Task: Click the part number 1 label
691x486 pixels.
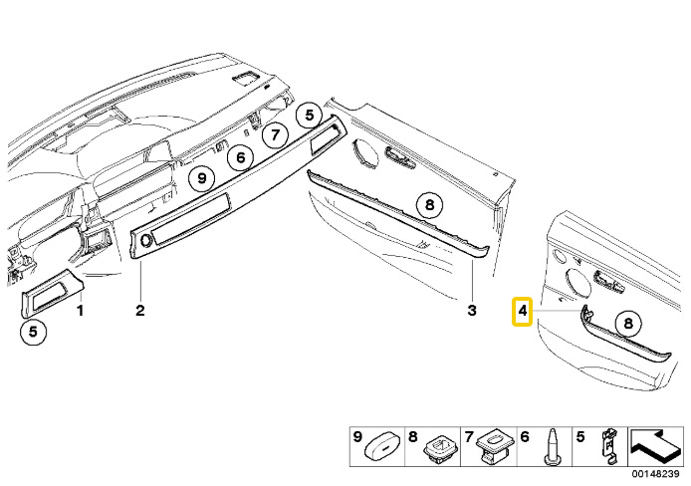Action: point(82,311)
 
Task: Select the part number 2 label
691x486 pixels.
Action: point(140,311)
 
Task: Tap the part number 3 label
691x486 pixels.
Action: point(472,311)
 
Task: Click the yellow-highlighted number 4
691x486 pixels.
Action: point(521,312)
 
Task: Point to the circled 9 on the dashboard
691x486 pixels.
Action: point(202,178)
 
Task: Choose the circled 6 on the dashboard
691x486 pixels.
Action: point(239,156)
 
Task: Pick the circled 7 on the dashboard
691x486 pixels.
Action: point(276,135)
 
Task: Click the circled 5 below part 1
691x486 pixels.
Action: point(33,333)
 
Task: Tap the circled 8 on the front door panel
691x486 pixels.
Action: point(429,205)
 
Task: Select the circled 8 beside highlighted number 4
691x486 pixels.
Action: point(626,322)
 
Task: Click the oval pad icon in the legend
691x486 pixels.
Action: point(382,442)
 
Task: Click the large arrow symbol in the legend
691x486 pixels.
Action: point(653,440)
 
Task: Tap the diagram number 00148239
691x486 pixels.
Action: point(656,472)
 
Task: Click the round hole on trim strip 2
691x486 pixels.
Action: point(148,240)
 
